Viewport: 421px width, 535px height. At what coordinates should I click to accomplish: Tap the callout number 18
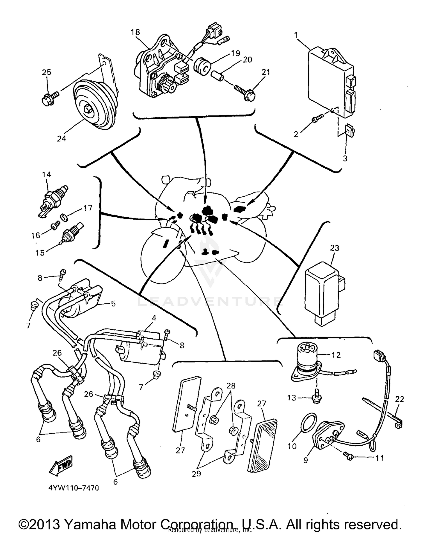pyautogui.click(x=135, y=32)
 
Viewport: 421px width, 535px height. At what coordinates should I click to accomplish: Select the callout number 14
pyautogui.click(x=46, y=175)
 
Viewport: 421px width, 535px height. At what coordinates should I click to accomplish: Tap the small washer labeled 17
pyautogui.click(x=64, y=217)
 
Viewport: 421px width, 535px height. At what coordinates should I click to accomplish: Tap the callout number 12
pyautogui.click(x=336, y=355)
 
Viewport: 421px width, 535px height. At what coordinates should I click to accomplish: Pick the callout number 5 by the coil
pyautogui.click(x=113, y=304)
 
